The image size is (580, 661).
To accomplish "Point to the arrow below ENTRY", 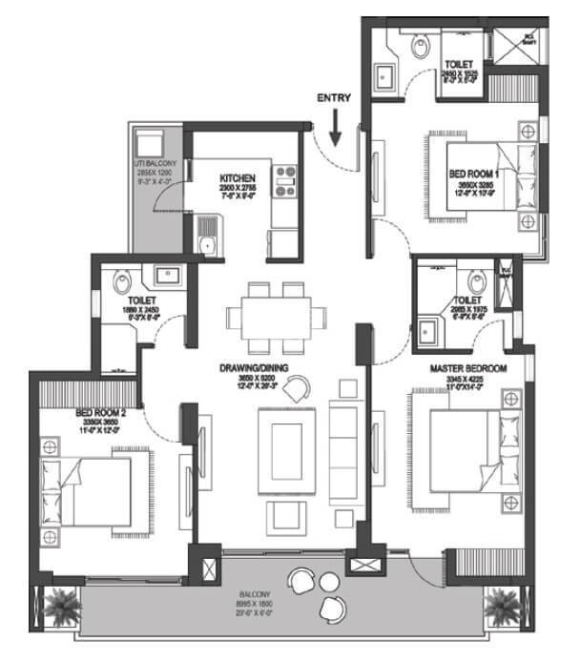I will coord(334,130).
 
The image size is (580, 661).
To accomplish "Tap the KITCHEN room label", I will coord(236,180).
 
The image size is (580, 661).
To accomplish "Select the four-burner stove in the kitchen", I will coord(285,181).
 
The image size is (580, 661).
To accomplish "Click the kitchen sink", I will coord(206,237).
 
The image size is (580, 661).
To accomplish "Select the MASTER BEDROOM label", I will coord(467,368).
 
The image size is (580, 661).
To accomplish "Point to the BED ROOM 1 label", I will coord(472,174).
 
